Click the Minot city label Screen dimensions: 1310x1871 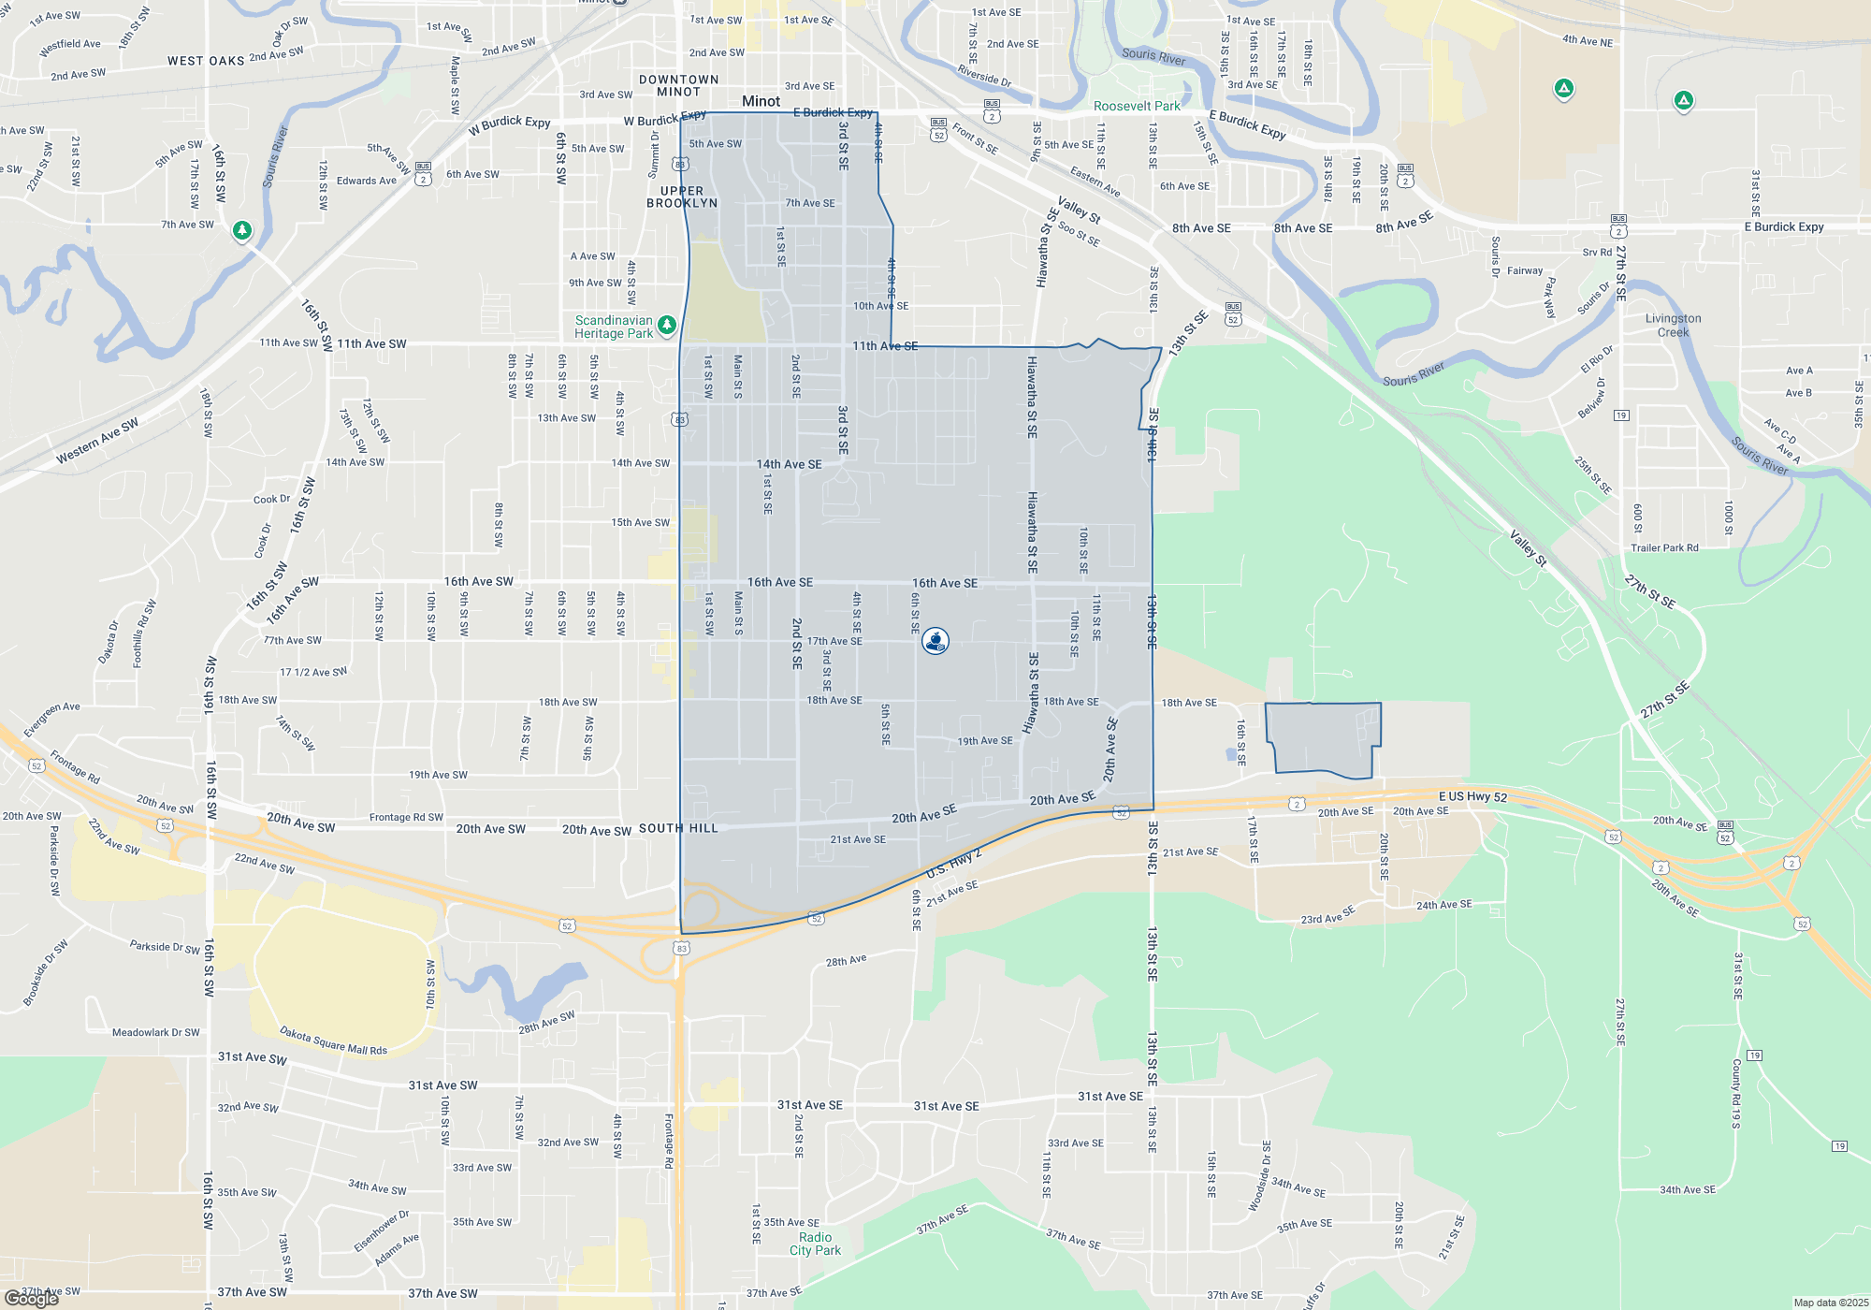[x=761, y=101]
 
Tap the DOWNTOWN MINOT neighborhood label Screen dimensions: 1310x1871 [x=679, y=86]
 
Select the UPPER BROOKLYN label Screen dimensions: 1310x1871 [x=682, y=196]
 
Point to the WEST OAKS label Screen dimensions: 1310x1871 [x=206, y=61]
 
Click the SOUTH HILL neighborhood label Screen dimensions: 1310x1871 [x=678, y=828]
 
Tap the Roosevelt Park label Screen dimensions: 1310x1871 [x=1137, y=107]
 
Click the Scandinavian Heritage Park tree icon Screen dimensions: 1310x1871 [x=667, y=325]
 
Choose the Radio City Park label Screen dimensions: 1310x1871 [x=815, y=1244]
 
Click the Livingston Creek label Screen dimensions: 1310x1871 [x=1673, y=326]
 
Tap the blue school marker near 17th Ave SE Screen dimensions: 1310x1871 [x=935, y=641]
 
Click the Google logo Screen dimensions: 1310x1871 [x=32, y=1299]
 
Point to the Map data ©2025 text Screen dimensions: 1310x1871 [x=1831, y=1303]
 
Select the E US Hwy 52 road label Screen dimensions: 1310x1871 [x=1472, y=796]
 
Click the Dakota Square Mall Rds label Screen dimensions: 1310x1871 [x=333, y=1041]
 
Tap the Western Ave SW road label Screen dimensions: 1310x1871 [x=97, y=440]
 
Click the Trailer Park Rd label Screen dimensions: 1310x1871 [x=1664, y=548]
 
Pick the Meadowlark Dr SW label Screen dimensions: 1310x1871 [x=155, y=1033]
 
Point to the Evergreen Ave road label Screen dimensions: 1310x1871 [x=52, y=719]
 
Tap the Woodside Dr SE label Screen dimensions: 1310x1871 [x=1260, y=1176]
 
